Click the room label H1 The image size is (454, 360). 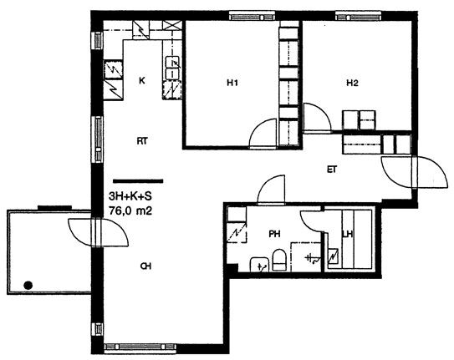232,83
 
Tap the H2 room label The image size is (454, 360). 352,84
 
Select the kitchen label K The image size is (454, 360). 142,81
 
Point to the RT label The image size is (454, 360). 142,141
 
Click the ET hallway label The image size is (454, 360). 332,170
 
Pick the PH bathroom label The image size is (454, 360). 274,234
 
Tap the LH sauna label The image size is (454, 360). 348,234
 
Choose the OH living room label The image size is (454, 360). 145,266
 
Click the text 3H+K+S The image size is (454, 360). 130,196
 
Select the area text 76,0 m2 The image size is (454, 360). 130,210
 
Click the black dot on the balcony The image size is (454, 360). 28,286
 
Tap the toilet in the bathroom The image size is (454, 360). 279,260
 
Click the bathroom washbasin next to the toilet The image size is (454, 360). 259,264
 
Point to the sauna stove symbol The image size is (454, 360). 333,256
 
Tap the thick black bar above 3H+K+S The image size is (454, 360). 138,181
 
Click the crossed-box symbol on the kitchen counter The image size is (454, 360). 172,24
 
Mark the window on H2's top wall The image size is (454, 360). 358,16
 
